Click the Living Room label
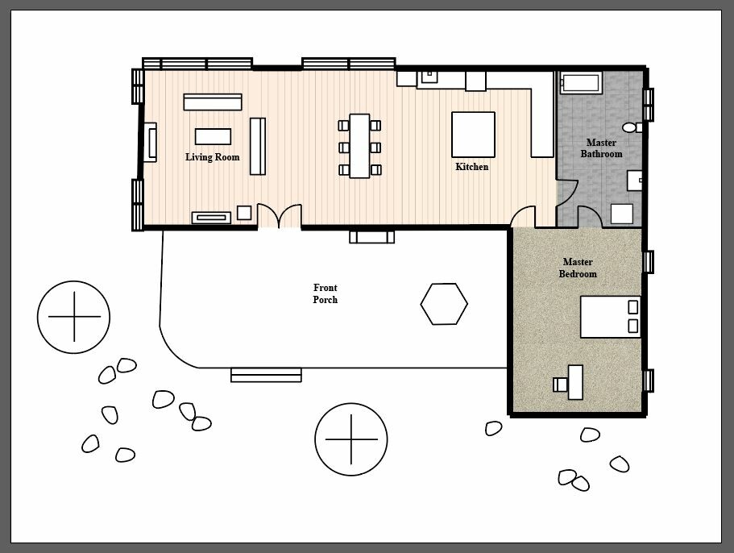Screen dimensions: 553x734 tap(212, 157)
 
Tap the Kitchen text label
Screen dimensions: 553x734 tap(471, 167)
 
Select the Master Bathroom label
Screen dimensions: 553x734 tap(601, 148)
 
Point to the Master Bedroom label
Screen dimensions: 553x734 tap(578, 268)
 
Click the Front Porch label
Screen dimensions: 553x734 tap(325, 293)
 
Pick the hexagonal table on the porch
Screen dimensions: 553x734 tap(444, 304)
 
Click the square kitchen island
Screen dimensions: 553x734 tap(473, 135)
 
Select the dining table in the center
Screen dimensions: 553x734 tap(359, 146)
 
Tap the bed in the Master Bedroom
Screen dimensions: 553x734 tap(609, 317)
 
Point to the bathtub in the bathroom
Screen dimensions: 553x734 tap(580, 82)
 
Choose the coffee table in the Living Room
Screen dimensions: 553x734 tap(213, 136)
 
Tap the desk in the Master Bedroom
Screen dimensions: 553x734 tap(574, 381)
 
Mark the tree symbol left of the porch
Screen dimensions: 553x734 tap(73, 318)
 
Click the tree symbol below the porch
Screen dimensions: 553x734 tap(350, 439)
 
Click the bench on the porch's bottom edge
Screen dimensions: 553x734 tap(266, 375)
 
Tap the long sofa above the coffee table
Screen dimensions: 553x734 tap(213, 102)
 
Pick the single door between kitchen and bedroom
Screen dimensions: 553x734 tap(523, 218)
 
